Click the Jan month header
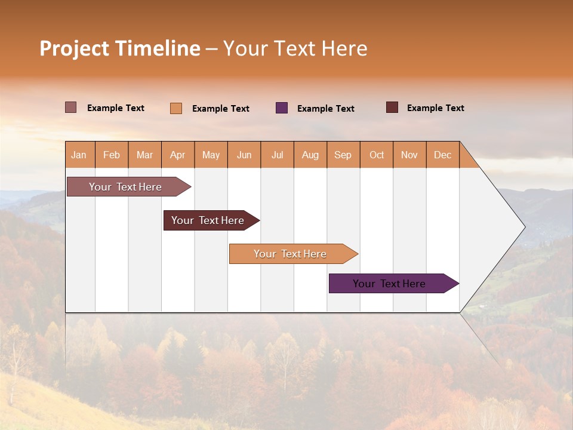point(79,155)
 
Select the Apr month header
point(178,155)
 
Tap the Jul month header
point(278,155)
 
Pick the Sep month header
point(343,155)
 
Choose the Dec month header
point(442,155)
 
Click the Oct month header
point(377,155)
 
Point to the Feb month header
point(112,155)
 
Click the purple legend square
point(282,108)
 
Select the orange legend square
point(176,108)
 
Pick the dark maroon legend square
point(392,107)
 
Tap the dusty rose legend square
point(71,107)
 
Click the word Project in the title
point(74,49)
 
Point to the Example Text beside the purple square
point(326,108)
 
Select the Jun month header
point(244,155)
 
